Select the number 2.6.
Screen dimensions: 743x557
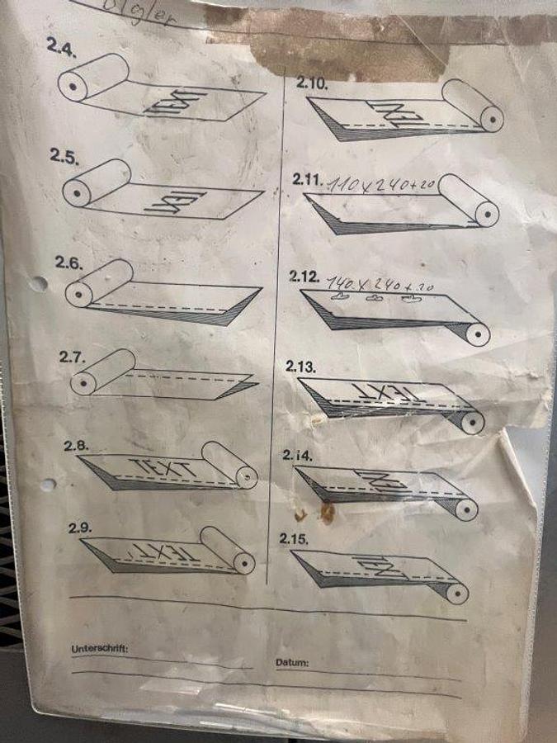click(69, 263)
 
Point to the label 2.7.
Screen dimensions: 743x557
click(73, 357)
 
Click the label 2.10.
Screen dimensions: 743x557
click(312, 83)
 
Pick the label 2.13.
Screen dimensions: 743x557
click(301, 367)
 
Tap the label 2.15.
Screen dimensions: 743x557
click(294, 538)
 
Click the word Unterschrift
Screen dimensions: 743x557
click(100, 649)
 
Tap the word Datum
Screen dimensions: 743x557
click(292, 662)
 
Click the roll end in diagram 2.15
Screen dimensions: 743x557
click(455, 592)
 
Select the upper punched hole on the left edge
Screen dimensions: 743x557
click(37, 284)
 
